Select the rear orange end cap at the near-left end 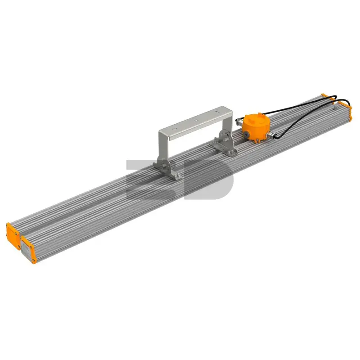[13, 235]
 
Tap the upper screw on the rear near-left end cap [16, 234]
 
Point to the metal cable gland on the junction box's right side [272, 136]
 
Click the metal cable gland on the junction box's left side [239, 121]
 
